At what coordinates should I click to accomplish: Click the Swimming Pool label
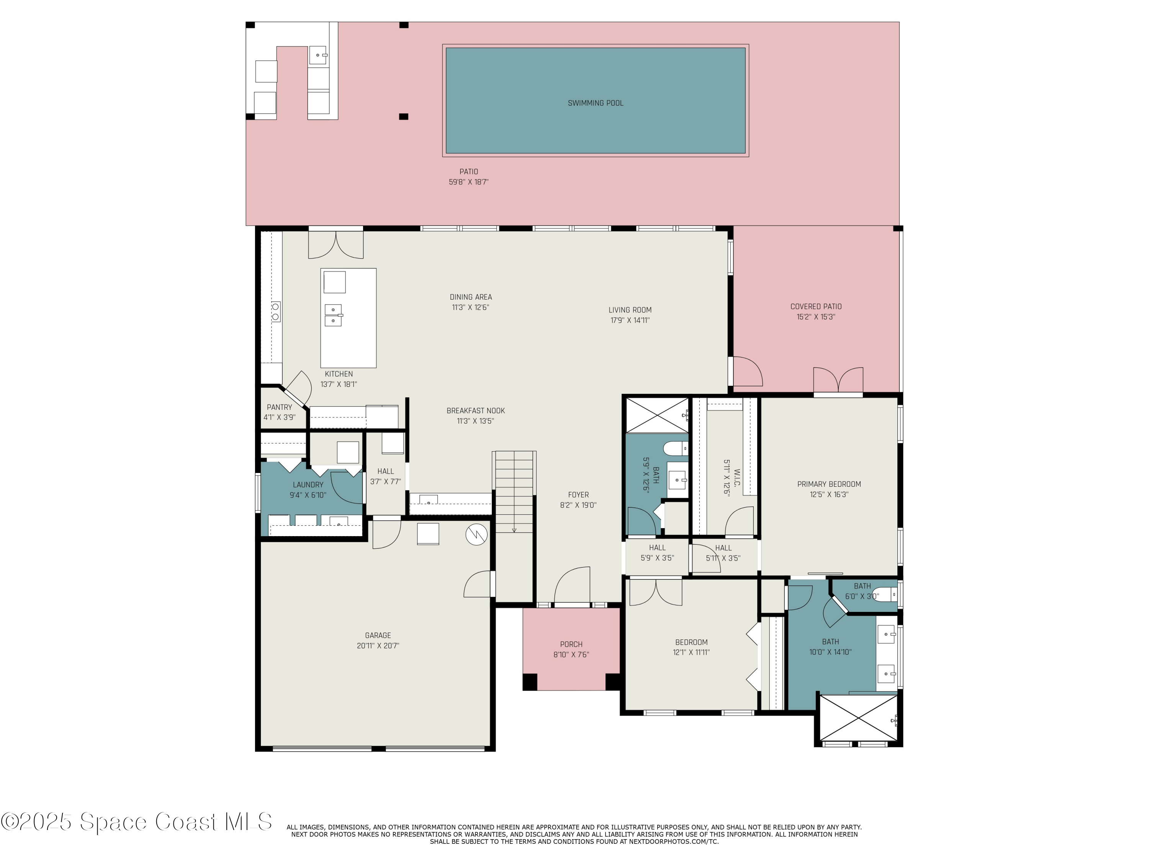595,103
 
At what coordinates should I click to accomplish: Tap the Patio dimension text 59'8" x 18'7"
468,182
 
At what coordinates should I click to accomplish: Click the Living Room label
630,310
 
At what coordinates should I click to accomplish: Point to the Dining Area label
471,297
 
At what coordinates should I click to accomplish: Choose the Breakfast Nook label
476,411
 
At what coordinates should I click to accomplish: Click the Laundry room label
308,485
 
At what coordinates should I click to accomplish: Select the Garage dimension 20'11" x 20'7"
378,646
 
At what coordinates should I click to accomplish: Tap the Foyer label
578,495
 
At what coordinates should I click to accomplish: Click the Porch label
571,644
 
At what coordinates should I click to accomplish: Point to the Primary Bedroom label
829,484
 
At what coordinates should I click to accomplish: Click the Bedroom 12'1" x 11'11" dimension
691,652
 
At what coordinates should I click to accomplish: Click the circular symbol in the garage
476,535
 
